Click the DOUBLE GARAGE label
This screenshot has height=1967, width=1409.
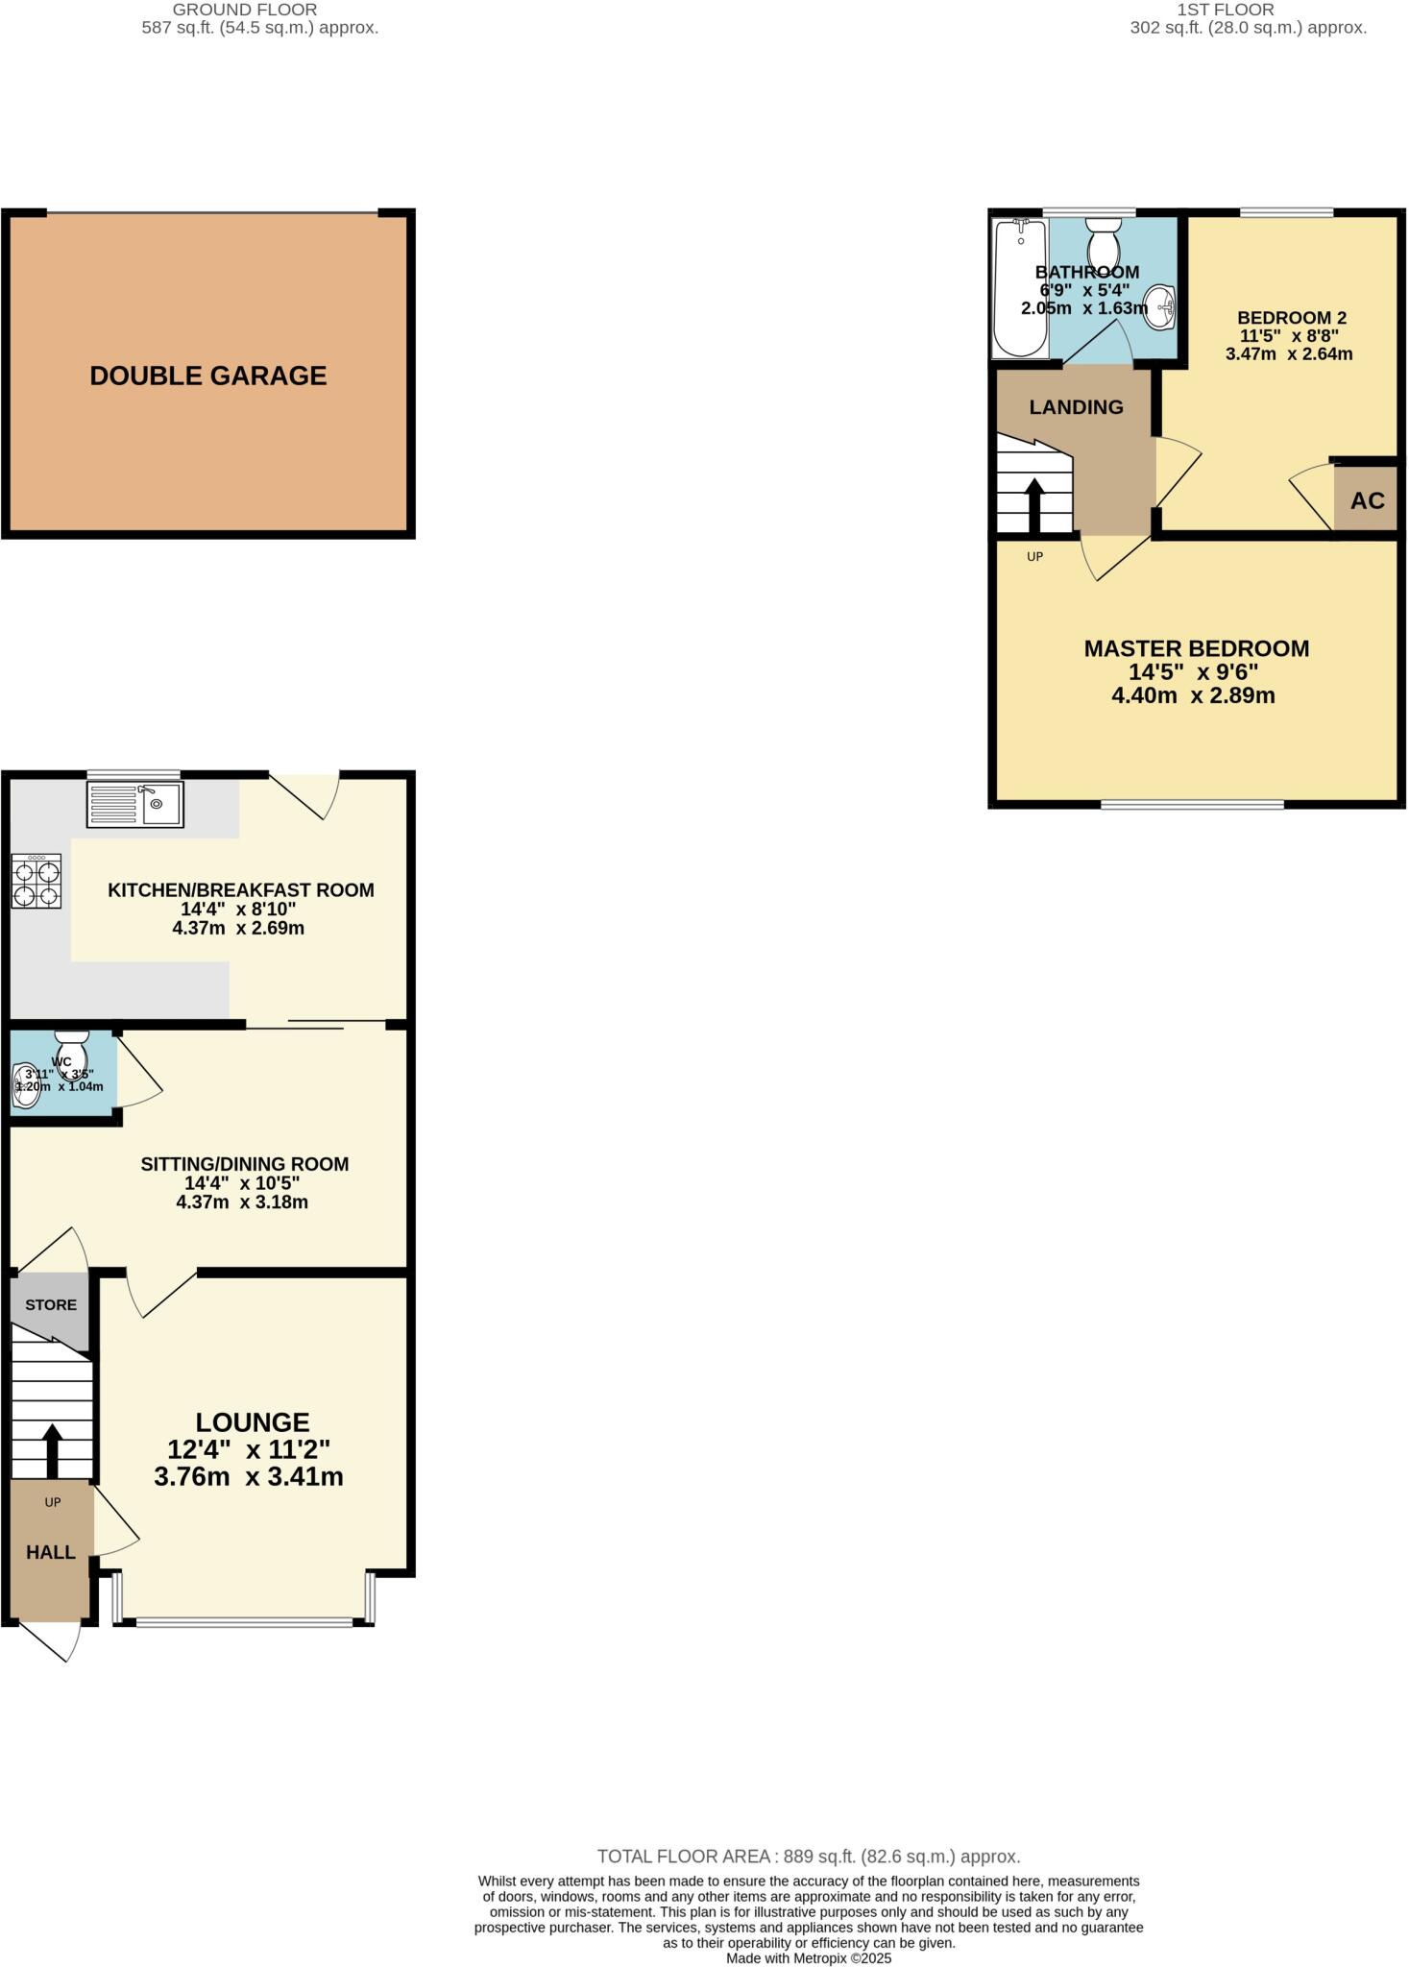(208, 376)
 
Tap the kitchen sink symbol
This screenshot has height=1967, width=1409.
(135, 804)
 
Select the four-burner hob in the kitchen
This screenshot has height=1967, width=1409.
(36, 882)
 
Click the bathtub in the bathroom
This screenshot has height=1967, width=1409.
(1019, 287)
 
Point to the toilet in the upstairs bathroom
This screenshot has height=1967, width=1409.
(1103, 236)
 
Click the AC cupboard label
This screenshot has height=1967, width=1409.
(1368, 500)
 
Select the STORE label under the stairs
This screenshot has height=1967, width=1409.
(51, 1304)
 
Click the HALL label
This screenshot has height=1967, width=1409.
(51, 1552)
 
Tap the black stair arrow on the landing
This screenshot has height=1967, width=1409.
(1034, 504)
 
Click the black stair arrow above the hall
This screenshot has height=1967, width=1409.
(52, 1450)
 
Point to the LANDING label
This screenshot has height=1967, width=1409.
(1076, 407)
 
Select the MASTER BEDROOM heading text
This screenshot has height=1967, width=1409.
(1196, 648)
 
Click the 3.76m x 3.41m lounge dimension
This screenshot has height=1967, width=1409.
(249, 1476)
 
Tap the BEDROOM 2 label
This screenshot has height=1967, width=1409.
(1291, 318)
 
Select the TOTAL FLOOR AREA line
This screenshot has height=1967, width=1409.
(808, 1857)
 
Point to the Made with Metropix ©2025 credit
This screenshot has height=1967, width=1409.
(808, 1957)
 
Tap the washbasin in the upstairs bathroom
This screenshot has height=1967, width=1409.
(1161, 306)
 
